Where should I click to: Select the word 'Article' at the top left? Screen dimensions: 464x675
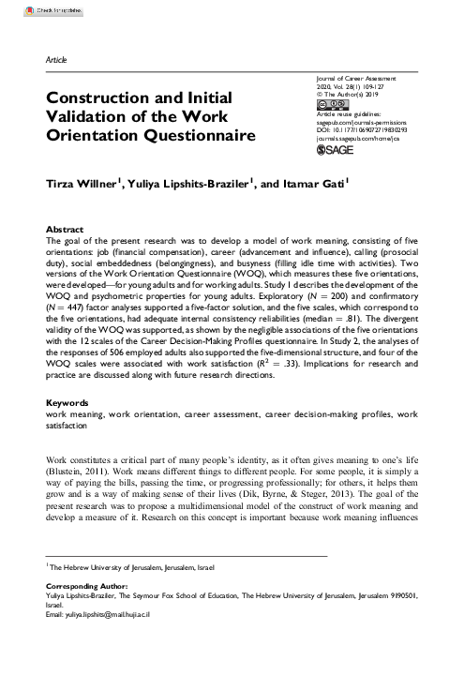56,59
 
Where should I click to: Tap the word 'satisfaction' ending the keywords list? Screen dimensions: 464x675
67,424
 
